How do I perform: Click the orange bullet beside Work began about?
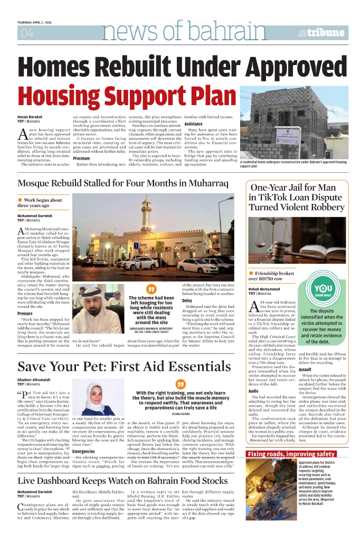point(20,200)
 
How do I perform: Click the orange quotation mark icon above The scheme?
point(151,290)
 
